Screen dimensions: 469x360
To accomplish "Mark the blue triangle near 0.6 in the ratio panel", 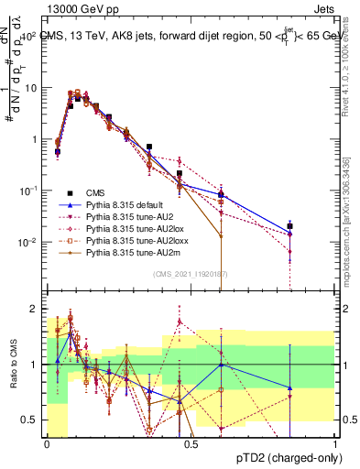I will click(220, 365).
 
